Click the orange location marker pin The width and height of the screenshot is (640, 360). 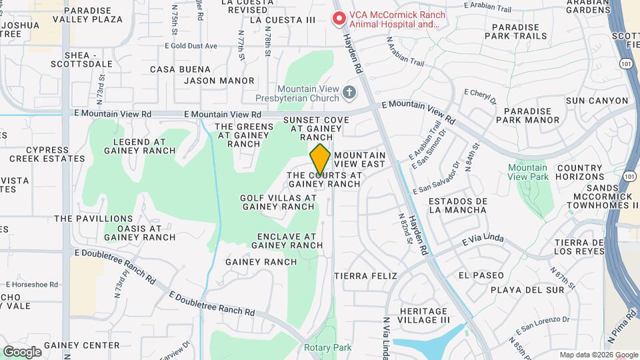click(320, 159)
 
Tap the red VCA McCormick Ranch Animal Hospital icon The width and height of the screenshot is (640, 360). click(340, 19)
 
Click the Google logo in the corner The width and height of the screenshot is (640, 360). click(22, 351)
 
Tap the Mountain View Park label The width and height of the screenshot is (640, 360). click(527, 172)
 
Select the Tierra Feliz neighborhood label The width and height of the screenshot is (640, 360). click(365, 275)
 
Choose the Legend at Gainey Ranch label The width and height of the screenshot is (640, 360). click(139, 146)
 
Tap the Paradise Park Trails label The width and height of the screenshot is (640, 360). click(520, 32)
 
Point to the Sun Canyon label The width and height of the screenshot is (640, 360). click(597, 101)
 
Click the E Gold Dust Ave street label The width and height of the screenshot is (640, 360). click(191, 46)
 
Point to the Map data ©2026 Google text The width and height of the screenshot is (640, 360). click(597, 355)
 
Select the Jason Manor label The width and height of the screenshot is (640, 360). click(219, 81)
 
